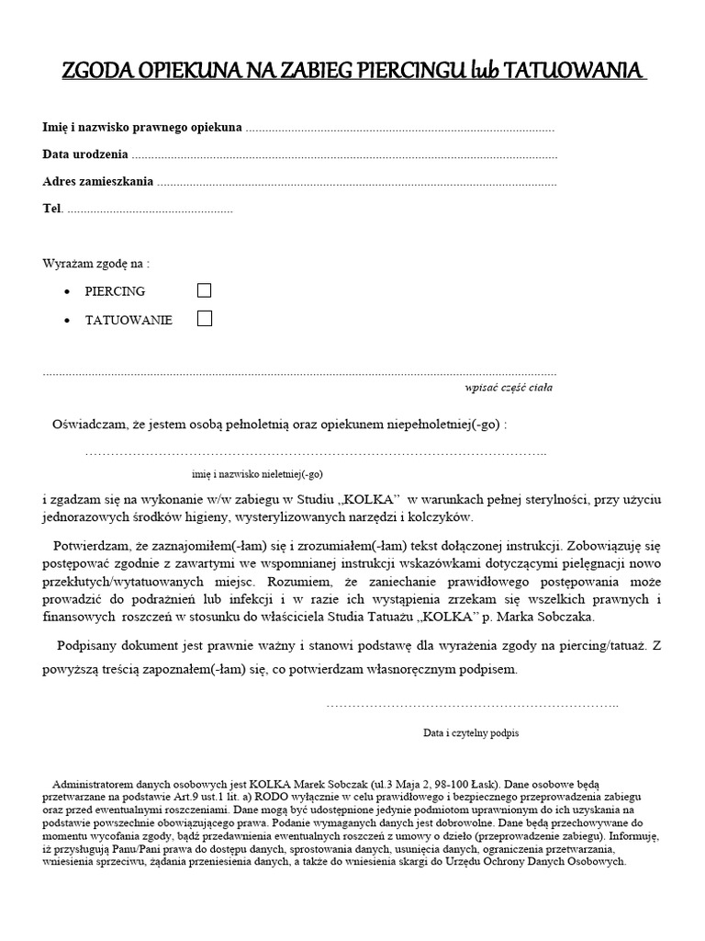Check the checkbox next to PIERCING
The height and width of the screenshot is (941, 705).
tap(205, 290)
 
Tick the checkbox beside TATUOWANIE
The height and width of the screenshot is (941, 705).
tap(205, 320)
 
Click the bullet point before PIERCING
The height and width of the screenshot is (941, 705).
tap(70, 291)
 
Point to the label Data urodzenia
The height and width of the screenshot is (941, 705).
tap(85, 154)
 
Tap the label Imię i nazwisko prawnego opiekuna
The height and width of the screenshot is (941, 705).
tap(143, 127)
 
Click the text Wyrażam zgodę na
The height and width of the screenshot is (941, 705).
tap(95, 263)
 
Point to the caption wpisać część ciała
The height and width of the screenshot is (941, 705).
tap(509, 388)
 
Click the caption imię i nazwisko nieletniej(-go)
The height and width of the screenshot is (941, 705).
tap(257, 473)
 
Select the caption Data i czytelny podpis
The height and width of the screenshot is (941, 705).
tap(471, 733)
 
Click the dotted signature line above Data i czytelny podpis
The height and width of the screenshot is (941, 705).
tap(473, 705)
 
